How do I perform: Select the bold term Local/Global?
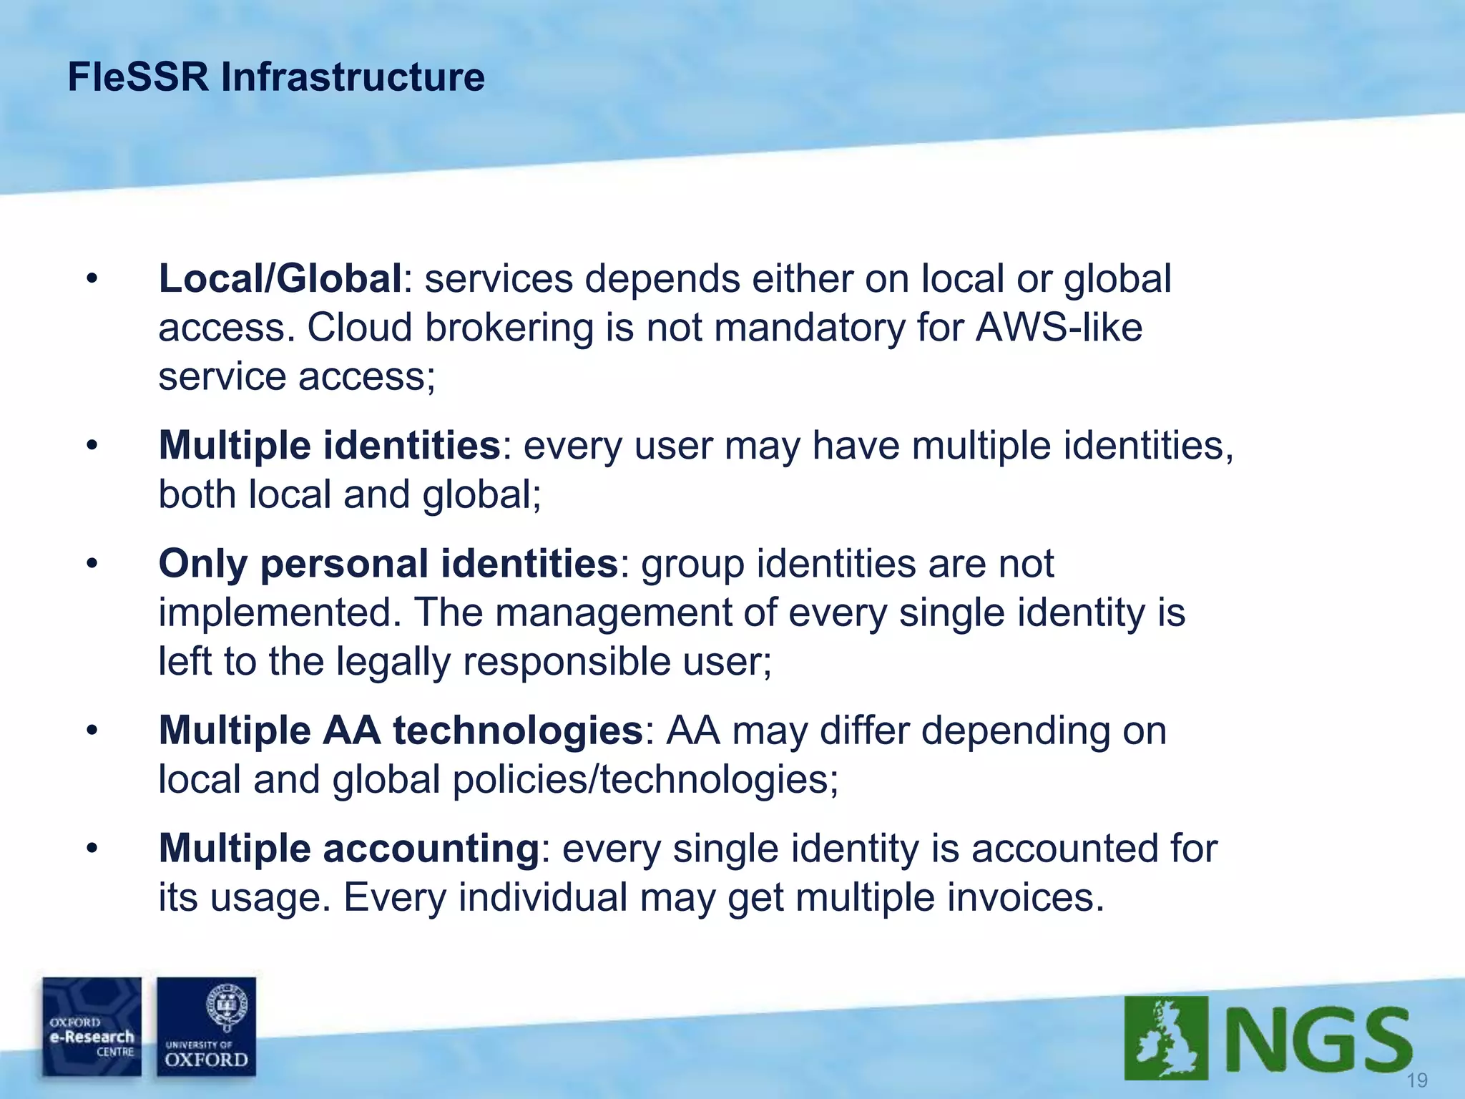coord(280,278)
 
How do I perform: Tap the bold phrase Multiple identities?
coord(329,445)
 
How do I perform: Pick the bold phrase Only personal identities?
coord(388,563)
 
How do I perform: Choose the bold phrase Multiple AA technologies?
coord(401,731)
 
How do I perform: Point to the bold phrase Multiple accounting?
coord(348,849)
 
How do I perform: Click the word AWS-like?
coord(1059,328)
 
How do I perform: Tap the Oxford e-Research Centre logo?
coord(92,1027)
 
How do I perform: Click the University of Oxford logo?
coord(206,1027)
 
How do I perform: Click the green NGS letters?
coord(1316,1041)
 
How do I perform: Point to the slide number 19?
coord(1417,1080)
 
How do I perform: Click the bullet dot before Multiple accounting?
coord(91,849)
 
